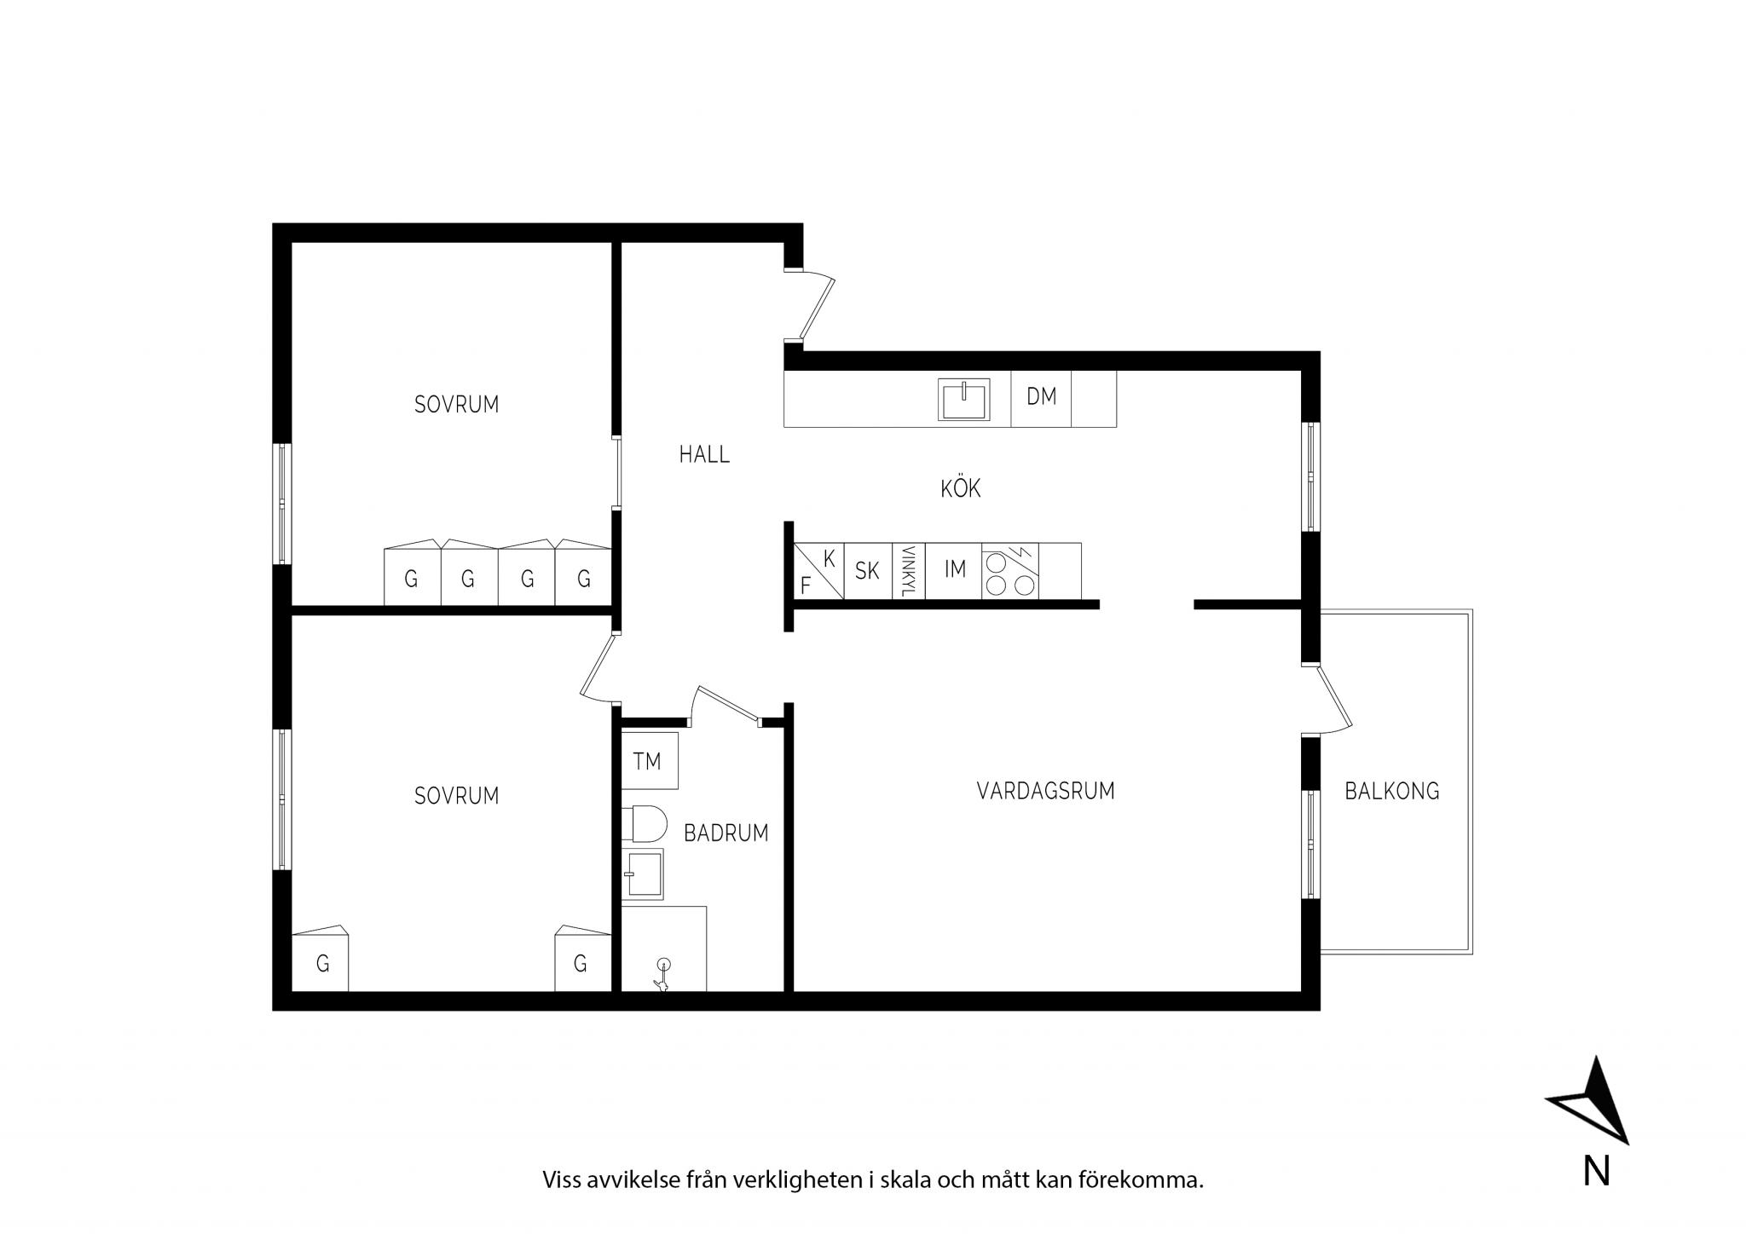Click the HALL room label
tap(704, 455)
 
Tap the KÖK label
tap(961, 488)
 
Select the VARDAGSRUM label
tap(1045, 791)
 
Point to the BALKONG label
tap(1391, 792)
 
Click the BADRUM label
tap(726, 833)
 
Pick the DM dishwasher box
tap(1041, 398)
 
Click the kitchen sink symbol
tap(964, 400)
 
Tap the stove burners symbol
tap(1010, 571)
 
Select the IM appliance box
tap(954, 571)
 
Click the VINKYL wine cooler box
tap(909, 571)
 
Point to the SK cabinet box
tap(868, 571)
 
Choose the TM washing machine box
tap(650, 760)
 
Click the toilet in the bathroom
tap(644, 824)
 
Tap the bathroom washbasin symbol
tap(643, 874)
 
